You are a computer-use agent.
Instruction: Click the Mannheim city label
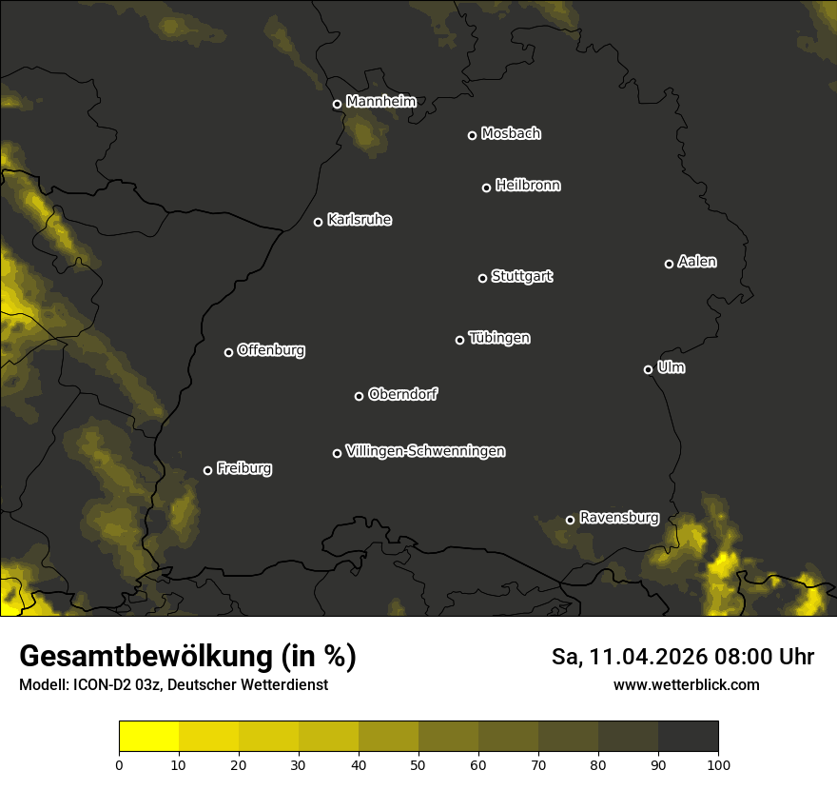click(380, 102)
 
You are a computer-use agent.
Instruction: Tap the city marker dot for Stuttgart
click(482, 278)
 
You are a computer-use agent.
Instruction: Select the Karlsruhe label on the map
click(359, 220)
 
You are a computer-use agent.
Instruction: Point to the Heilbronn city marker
click(486, 188)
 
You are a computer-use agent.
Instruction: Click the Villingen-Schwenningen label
click(425, 451)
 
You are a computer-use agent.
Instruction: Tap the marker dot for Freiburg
click(207, 470)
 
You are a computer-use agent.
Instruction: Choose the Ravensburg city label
click(618, 518)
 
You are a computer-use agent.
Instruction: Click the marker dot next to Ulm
click(648, 369)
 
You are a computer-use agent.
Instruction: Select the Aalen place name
click(696, 262)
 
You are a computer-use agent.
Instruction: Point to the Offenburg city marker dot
click(228, 352)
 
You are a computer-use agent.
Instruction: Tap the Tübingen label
click(498, 338)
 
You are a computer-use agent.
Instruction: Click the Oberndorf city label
click(402, 394)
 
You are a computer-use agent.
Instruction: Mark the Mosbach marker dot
click(472, 135)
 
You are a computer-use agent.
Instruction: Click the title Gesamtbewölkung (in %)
click(187, 656)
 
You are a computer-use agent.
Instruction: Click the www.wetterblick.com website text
click(686, 684)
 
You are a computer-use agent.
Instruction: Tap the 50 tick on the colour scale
click(418, 763)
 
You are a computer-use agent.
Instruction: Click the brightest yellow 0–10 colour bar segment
click(149, 737)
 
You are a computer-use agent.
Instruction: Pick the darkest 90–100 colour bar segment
click(688, 737)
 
